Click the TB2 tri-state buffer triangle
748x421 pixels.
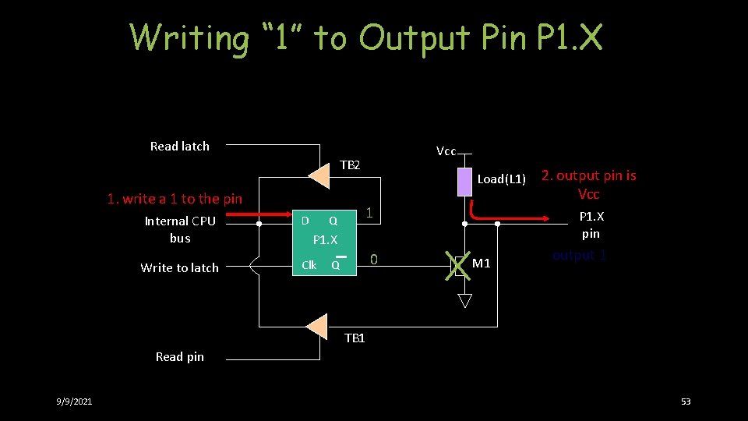(319, 175)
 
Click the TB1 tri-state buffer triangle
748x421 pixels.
(317, 326)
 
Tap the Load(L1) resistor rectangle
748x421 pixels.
(464, 181)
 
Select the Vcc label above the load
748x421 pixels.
(446, 151)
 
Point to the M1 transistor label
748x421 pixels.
(482, 264)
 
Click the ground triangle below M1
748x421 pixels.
(464, 300)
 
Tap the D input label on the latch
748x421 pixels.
(305, 220)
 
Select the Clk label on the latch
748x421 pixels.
(309, 265)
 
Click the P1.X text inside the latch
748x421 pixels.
(325, 239)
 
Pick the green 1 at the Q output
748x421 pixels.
(370, 213)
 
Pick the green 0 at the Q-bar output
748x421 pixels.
(374, 259)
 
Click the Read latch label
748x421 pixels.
(179, 146)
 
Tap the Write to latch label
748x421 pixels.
(179, 267)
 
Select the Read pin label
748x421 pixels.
(179, 356)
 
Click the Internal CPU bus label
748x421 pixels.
(179, 229)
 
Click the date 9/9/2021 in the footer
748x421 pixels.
(74, 402)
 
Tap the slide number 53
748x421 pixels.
(686, 402)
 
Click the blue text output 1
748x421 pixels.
(579, 255)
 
